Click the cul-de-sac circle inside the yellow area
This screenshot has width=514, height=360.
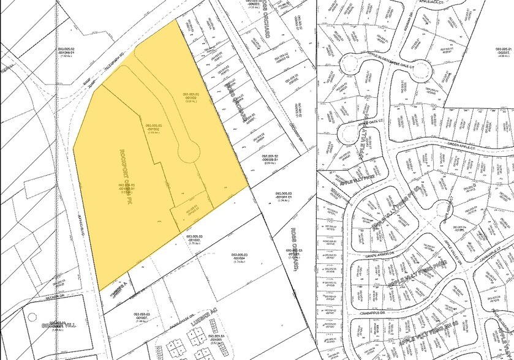(x=189, y=150)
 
